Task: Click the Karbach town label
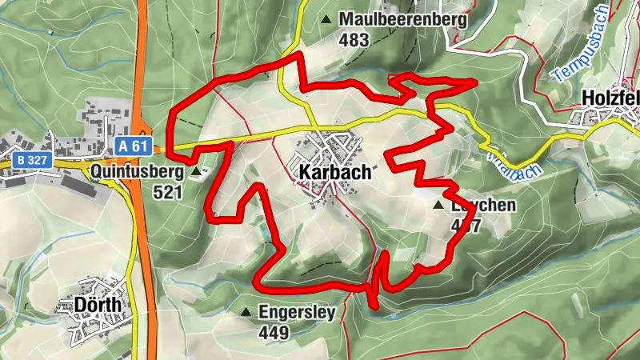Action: click(335, 172)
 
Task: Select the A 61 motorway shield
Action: click(133, 146)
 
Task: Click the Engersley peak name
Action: click(297, 312)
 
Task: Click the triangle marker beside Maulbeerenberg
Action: click(326, 18)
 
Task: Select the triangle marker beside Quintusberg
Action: click(196, 170)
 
